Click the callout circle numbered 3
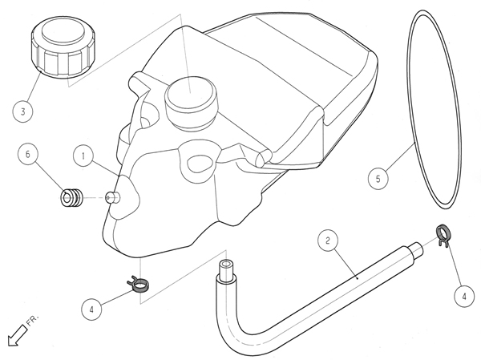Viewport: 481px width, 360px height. point(23,111)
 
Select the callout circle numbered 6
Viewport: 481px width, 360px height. point(28,154)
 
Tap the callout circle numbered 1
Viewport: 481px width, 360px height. point(83,156)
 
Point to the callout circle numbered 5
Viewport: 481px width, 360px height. point(378,179)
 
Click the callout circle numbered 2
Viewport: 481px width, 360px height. point(328,241)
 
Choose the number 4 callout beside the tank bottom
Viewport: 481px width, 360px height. point(91,309)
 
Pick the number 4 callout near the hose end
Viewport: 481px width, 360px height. point(464,296)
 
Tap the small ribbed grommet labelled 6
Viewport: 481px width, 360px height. point(72,198)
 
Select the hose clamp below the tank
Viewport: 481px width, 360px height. point(139,284)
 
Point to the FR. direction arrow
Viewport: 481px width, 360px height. point(17,335)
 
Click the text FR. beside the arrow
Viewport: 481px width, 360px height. point(33,320)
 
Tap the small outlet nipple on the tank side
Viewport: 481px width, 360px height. point(112,197)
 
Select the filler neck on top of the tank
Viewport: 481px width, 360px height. point(191,103)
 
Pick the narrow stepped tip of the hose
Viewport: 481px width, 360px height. point(417,249)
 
